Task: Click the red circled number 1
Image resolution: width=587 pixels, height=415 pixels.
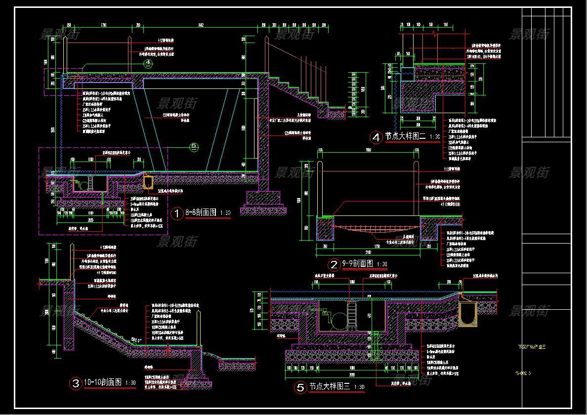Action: (176, 213)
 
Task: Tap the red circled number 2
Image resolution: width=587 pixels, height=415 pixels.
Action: (335, 265)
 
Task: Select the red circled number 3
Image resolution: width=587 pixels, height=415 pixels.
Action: (76, 383)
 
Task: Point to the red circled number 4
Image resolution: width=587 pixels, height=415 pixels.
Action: (377, 137)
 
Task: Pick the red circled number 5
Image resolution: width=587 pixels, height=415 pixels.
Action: (301, 388)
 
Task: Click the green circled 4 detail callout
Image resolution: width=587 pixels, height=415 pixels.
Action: (148, 63)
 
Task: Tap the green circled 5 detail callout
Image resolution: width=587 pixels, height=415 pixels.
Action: (194, 146)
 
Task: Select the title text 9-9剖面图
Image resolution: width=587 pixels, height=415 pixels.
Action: (357, 264)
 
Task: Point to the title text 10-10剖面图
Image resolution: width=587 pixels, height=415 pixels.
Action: (102, 382)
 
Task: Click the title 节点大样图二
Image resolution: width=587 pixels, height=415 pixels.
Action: (405, 137)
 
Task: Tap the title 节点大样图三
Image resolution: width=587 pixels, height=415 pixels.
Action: (330, 387)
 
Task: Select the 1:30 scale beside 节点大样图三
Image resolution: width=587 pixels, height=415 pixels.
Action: (359, 388)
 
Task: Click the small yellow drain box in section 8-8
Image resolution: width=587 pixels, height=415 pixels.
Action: (148, 181)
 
